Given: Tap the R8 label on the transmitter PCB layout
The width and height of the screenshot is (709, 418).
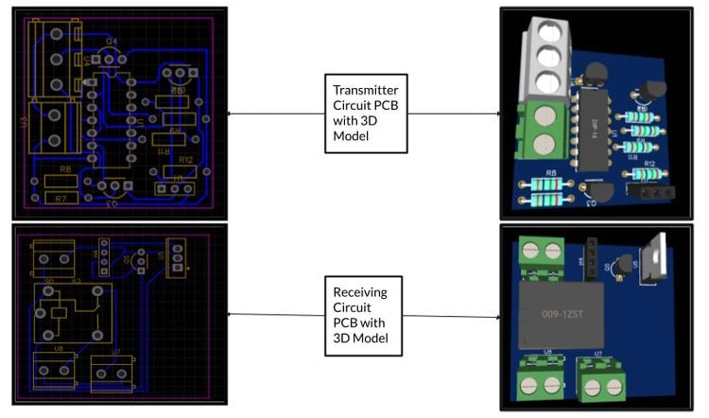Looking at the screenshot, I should tap(65, 169).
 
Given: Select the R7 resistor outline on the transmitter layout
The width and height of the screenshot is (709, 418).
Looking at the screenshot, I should tap(61, 199).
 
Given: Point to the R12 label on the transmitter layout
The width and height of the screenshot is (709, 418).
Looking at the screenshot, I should tap(184, 160).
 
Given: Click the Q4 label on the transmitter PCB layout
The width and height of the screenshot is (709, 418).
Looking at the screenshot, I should tap(112, 42).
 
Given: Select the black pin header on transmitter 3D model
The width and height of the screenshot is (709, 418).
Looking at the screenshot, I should tap(655, 192).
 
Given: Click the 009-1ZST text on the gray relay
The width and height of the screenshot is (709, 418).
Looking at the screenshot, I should tap(562, 313).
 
